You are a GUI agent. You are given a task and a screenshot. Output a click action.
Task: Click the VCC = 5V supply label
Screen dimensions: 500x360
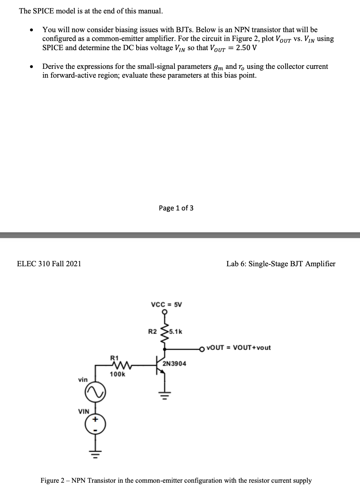point(166,304)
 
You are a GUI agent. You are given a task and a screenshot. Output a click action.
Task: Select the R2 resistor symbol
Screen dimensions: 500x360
point(164,332)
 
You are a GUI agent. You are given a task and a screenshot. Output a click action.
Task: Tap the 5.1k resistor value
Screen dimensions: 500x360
point(175,332)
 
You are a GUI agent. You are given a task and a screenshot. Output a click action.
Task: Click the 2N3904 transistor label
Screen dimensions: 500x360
point(174,363)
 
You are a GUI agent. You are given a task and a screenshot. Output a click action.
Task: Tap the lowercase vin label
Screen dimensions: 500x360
point(83,380)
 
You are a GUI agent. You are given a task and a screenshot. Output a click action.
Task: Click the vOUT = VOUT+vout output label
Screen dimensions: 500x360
point(239,347)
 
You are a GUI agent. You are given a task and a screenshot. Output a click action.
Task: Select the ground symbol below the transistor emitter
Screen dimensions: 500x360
point(164,393)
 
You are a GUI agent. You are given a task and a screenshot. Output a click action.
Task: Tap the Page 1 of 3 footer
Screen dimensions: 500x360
point(176,208)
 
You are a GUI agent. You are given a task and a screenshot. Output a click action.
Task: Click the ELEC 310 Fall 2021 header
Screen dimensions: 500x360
point(49,264)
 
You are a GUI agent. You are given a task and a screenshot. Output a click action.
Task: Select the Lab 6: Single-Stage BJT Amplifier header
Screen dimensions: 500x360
point(281,264)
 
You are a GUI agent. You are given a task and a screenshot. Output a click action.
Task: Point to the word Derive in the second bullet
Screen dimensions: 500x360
point(53,66)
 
